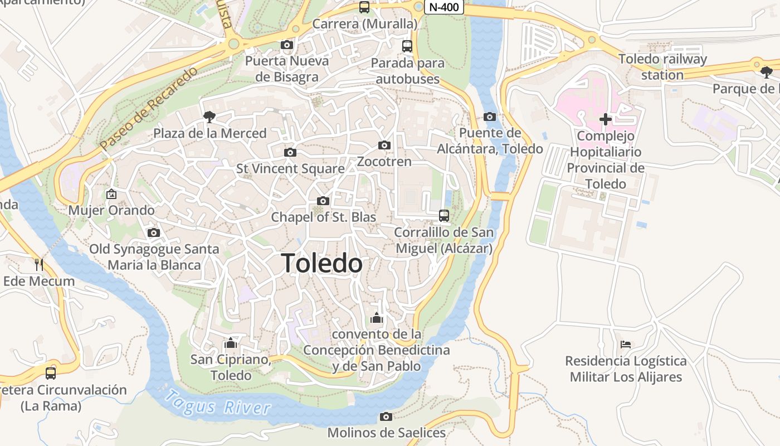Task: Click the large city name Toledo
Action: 322,263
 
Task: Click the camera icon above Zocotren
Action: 384,146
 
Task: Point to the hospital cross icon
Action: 605,119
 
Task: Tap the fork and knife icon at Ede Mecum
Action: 38,264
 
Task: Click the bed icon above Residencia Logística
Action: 626,345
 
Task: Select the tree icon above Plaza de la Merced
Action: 209,117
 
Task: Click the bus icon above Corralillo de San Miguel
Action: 444,215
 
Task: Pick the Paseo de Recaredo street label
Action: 149,109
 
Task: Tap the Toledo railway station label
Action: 662,66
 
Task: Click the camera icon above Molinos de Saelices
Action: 386,416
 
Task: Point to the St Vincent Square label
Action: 290,168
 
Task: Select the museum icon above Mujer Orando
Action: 111,194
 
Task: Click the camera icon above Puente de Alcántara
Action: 490,117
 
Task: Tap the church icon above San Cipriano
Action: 231,343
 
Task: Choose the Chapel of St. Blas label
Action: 323,217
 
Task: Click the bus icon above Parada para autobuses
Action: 407,46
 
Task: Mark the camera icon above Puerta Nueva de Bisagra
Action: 287,45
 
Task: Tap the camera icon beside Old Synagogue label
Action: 154,232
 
